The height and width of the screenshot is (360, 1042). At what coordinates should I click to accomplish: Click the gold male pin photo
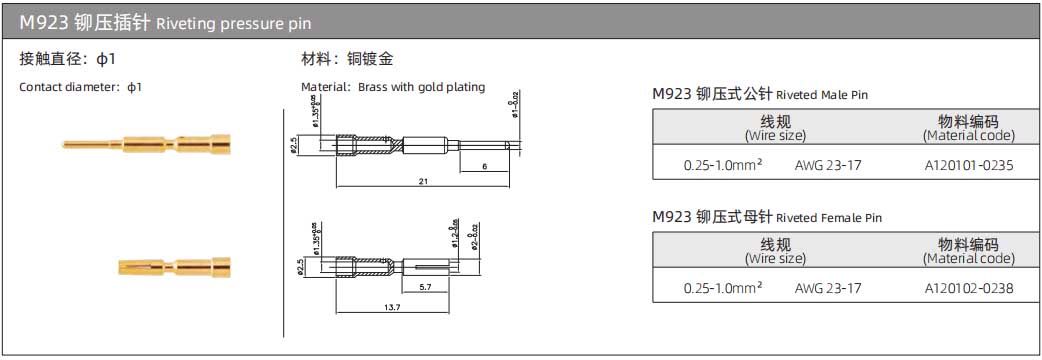pos(146,146)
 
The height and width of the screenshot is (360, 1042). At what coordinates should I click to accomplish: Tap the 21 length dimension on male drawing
pos(424,181)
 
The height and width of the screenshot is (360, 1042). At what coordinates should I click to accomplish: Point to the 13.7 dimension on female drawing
pos(391,307)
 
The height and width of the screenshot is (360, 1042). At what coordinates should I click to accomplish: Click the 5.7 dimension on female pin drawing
pos(425,287)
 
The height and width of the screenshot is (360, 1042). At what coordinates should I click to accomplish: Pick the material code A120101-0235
pos(968,165)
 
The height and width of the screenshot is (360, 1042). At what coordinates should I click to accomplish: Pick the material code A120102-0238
pos(968,288)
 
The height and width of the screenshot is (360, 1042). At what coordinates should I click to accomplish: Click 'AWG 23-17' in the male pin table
pos(827,165)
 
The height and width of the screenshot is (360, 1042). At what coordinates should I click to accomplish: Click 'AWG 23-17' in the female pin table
pos(827,288)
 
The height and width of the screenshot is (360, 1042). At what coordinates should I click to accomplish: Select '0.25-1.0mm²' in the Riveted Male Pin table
pos(723,165)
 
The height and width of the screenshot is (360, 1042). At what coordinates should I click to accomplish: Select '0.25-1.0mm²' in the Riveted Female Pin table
pos(723,288)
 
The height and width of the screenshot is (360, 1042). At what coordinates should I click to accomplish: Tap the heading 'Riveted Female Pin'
pos(829,218)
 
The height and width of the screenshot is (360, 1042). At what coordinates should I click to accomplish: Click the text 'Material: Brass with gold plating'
pos(393,87)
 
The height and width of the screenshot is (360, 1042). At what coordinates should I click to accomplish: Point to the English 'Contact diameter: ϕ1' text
pos(81,87)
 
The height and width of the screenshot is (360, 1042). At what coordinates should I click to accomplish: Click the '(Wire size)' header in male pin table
pos(775,135)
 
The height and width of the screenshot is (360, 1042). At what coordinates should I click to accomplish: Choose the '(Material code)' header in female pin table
pos(968,258)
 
